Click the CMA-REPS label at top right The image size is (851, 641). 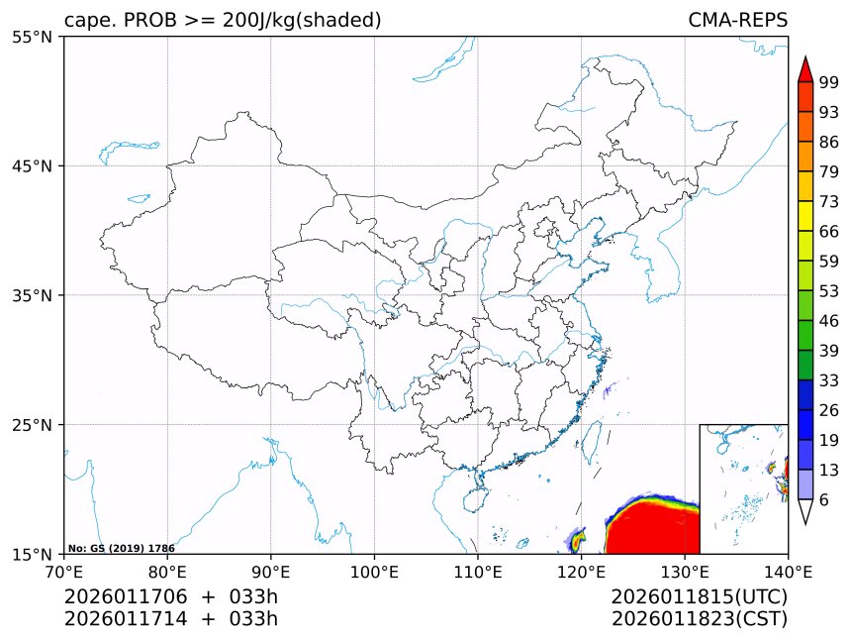click(x=737, y=20)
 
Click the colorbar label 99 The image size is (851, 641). click(x=829, y=82)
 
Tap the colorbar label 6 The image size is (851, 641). click(x=824, y=500)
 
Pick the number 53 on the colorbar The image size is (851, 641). click(x=829, y=291)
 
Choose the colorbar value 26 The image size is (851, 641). click(x=829, y=410)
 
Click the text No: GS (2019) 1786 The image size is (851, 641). click(x=121, y=548)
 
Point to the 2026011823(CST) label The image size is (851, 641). click(x=699, y=619)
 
